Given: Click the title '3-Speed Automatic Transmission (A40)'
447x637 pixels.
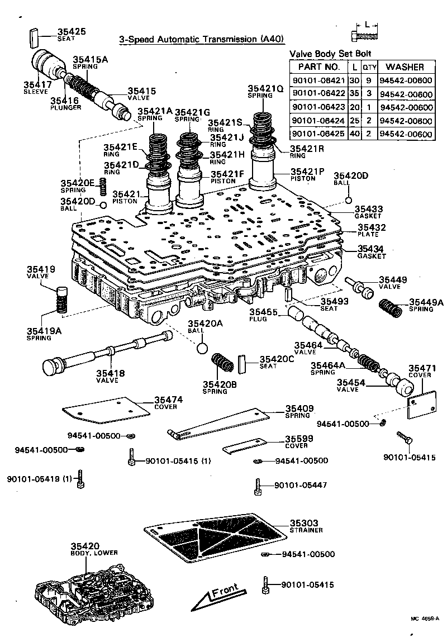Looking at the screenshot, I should click(202, 39).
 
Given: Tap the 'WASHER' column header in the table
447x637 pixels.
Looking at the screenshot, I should click(405, 66).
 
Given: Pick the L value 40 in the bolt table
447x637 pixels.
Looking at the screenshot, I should click(354, 134).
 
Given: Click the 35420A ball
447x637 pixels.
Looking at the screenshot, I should click(202, 348).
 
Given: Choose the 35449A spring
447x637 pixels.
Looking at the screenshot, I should click(391, 308).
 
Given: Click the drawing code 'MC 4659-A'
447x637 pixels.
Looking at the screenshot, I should click(425, 619).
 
